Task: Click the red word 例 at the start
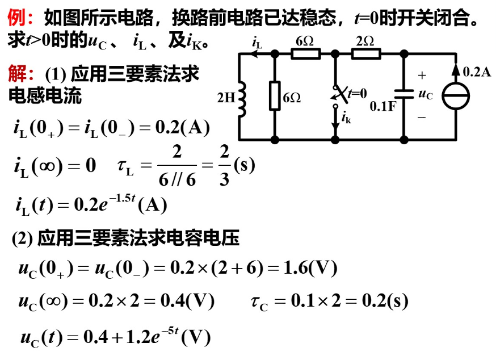16,19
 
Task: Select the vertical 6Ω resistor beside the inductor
275,96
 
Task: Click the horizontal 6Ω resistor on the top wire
306,54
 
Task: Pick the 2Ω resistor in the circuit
365,54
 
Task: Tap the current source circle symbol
455,97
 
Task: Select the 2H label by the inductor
226,98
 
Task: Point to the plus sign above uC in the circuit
422,76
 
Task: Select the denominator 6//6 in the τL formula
177,179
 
